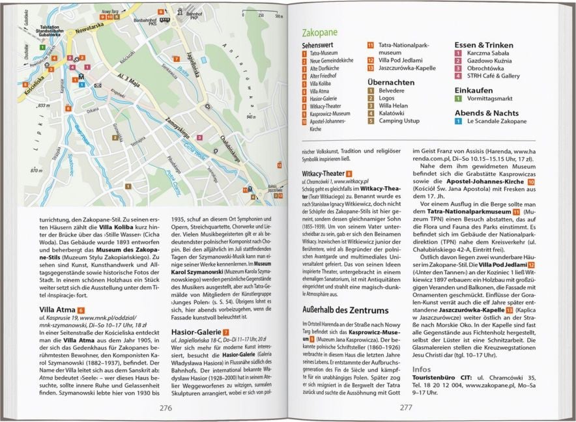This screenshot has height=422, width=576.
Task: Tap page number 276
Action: (x=166, y=408)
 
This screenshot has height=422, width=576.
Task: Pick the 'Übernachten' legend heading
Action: (x=390, y=82)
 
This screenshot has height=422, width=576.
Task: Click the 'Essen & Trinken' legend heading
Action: (x=484, y=46)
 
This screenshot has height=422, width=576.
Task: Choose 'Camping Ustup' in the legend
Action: (x=399, y=121)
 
